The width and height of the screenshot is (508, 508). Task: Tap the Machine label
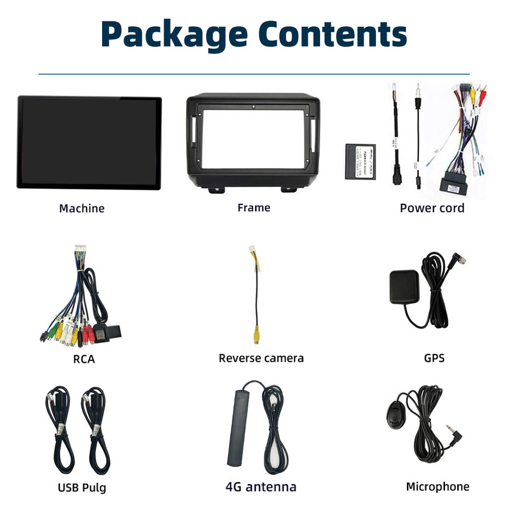pos(81,208)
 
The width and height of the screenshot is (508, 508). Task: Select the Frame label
pos(253,208)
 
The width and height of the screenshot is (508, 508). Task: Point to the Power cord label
pos(432,208)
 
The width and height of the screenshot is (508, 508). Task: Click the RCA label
pos(84,359)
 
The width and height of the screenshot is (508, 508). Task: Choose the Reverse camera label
pos(261,358)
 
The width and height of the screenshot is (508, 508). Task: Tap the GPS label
pos(434,358)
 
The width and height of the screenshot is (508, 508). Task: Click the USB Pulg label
pos(81,487)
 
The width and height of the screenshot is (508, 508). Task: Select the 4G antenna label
pos(261,487)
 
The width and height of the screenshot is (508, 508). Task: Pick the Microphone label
pos(437,487)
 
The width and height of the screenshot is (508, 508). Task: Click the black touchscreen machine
pos(89,142)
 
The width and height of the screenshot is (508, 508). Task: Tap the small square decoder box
pos(360,161)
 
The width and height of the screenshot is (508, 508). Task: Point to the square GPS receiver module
pos(404,287)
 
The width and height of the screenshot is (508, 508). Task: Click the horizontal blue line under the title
pos(254,74)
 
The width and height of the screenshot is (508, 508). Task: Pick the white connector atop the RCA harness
pos(80,249)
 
